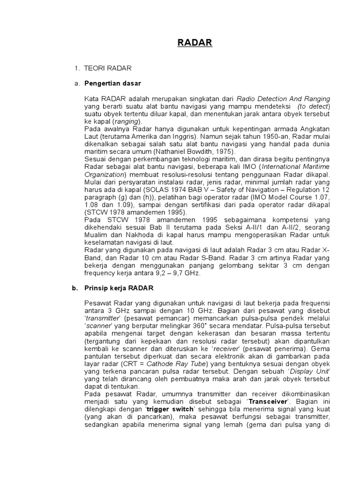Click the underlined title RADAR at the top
(x=195, y=43)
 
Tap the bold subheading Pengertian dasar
(x=112, y=83)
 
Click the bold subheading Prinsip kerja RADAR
(x=119, y=287)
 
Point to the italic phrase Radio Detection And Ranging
(x=283, y=99)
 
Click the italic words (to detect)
(x=314, y=106)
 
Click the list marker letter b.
(x=74, y=287)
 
